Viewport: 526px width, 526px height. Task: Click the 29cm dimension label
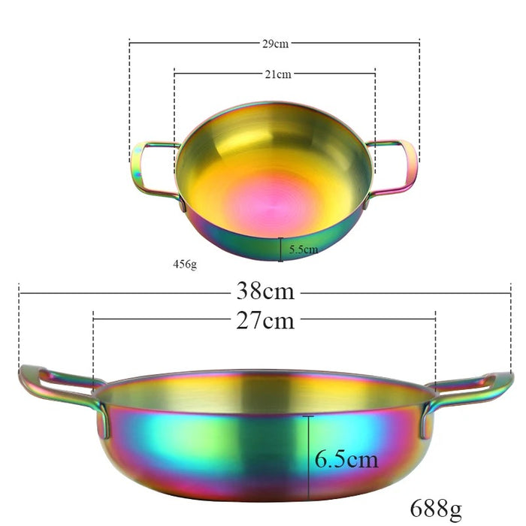pyautogui.click(x=275, y=44)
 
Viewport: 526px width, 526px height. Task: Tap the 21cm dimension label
pyautogui.click(x=278, y=74)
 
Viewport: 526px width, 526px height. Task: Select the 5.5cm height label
pyautogui.click(x=304, y=249)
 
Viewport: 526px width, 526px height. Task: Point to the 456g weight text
pyautogui.click(x=185, y=265)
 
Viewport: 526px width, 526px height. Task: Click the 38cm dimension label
pyautogui.click(x=265, y=291)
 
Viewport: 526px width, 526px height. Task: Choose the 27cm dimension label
pyautogui.click(x=265, y=320)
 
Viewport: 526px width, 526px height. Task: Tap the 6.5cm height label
pyautogui.click(x=346, y=459)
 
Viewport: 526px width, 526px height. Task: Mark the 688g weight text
pyautogui.click(x=436, y=509)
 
